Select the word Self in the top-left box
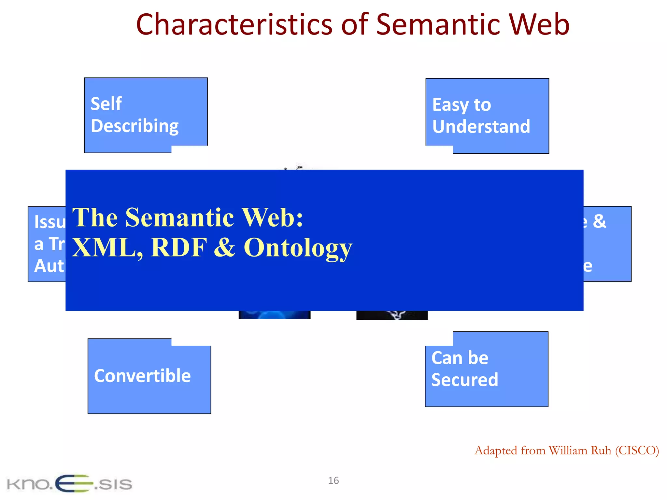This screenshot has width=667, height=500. point(106,104)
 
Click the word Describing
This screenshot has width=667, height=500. point(135,126)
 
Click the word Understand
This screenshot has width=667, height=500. point(481,127)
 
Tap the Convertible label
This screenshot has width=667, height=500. point(142,376)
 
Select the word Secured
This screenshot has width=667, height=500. point(464,380)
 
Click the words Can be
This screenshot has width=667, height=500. point(460,358)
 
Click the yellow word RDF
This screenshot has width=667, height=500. point(179,248)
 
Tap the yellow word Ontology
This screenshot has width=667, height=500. point(298,248)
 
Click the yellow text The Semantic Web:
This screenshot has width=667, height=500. point(187,217)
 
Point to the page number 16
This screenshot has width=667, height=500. point(333,480)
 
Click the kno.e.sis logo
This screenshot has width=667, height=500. point(69,484)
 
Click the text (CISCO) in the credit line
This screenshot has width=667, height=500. point(637,451)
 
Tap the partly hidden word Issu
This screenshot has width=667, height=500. point(50,222)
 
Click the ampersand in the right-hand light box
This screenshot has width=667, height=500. point(599,221)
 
